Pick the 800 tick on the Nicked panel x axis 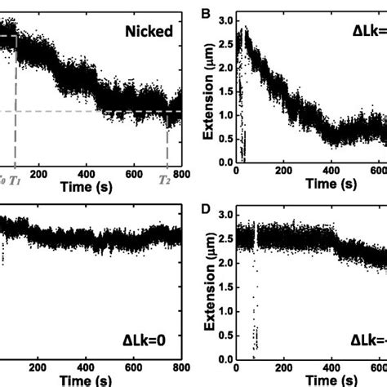pos(180,173)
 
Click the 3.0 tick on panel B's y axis pos(225,18)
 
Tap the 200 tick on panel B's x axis pos(283,173)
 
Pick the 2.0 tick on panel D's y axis pos(225,264)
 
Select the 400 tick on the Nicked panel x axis pos(87,173)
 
